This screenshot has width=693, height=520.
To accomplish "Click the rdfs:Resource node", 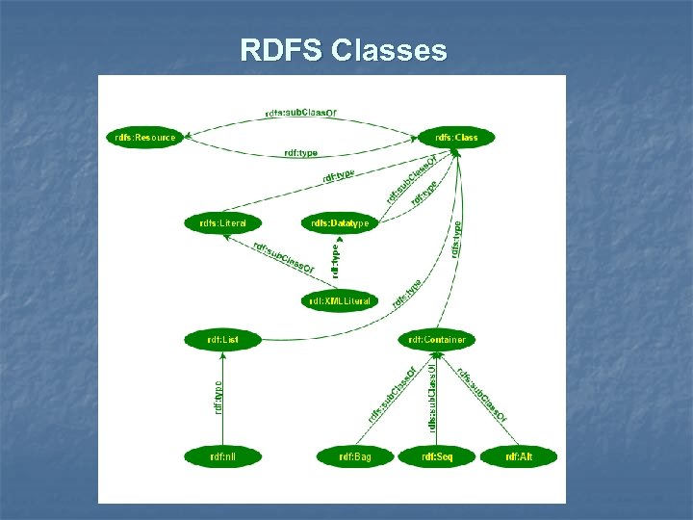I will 144,137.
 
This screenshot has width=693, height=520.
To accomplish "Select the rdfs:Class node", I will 455,137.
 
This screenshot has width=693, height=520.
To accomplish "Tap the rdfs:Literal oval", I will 222,223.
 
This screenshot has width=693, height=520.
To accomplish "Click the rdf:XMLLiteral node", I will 340,300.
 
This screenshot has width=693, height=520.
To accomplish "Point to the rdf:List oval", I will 222,339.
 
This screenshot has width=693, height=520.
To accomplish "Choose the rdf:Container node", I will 436,339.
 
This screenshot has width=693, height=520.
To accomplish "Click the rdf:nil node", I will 222,456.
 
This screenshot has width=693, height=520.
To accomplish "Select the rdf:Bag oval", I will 354,456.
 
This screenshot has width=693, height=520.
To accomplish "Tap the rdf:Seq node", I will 436,456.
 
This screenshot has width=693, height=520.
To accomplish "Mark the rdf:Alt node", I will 518,456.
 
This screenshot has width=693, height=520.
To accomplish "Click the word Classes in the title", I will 389,50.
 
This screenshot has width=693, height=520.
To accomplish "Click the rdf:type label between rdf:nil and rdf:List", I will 218,397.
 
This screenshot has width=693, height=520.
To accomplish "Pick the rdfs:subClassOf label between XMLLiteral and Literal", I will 284,257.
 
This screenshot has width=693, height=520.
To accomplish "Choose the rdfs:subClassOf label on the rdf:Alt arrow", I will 482,395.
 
